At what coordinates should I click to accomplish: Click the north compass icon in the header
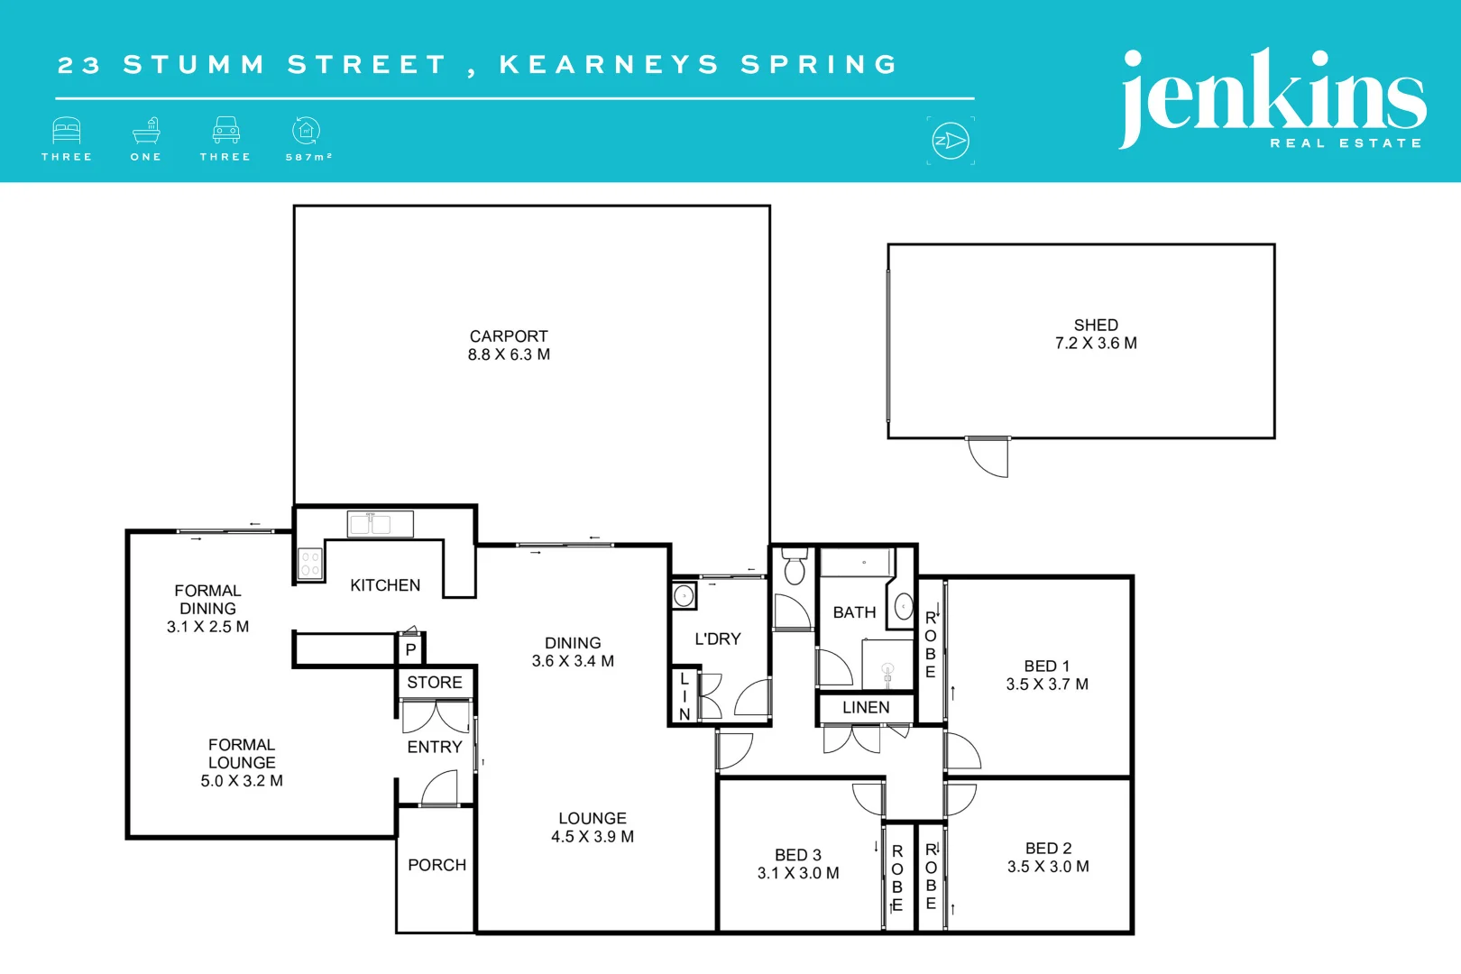click(x=951, y=141)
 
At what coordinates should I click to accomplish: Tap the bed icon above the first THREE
click(x=67, y=131)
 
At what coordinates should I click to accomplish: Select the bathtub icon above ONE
click(x=146, y=131)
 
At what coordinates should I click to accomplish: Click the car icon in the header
click(x=225, y=131)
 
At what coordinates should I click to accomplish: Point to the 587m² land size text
click(x=308, y=157)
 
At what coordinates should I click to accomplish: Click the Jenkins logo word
click(x=1272, y=95)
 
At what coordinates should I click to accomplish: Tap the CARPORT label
click(x=509, y=336)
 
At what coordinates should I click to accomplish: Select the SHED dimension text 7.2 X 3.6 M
click(x=1096, y=344)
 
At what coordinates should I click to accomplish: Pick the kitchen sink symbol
click(x=380, y=524)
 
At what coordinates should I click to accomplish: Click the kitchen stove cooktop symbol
click(x=310, y=565)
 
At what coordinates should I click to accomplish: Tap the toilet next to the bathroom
click(x=795, y=566)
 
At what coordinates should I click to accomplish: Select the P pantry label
click(x=410, y=649)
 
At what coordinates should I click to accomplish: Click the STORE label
click(x=435, y=683)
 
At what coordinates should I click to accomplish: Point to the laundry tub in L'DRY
click(x=685, y=596)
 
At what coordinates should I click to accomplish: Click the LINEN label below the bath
click(x=866, y=708)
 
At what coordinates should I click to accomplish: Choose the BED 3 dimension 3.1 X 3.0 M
click(x=798, y=873)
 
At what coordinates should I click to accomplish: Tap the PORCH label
click(x=436, y=865)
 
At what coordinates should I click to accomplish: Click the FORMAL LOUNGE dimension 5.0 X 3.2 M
click(x=242, y=781)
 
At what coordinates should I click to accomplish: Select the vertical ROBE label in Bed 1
click(x=931, y=645)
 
